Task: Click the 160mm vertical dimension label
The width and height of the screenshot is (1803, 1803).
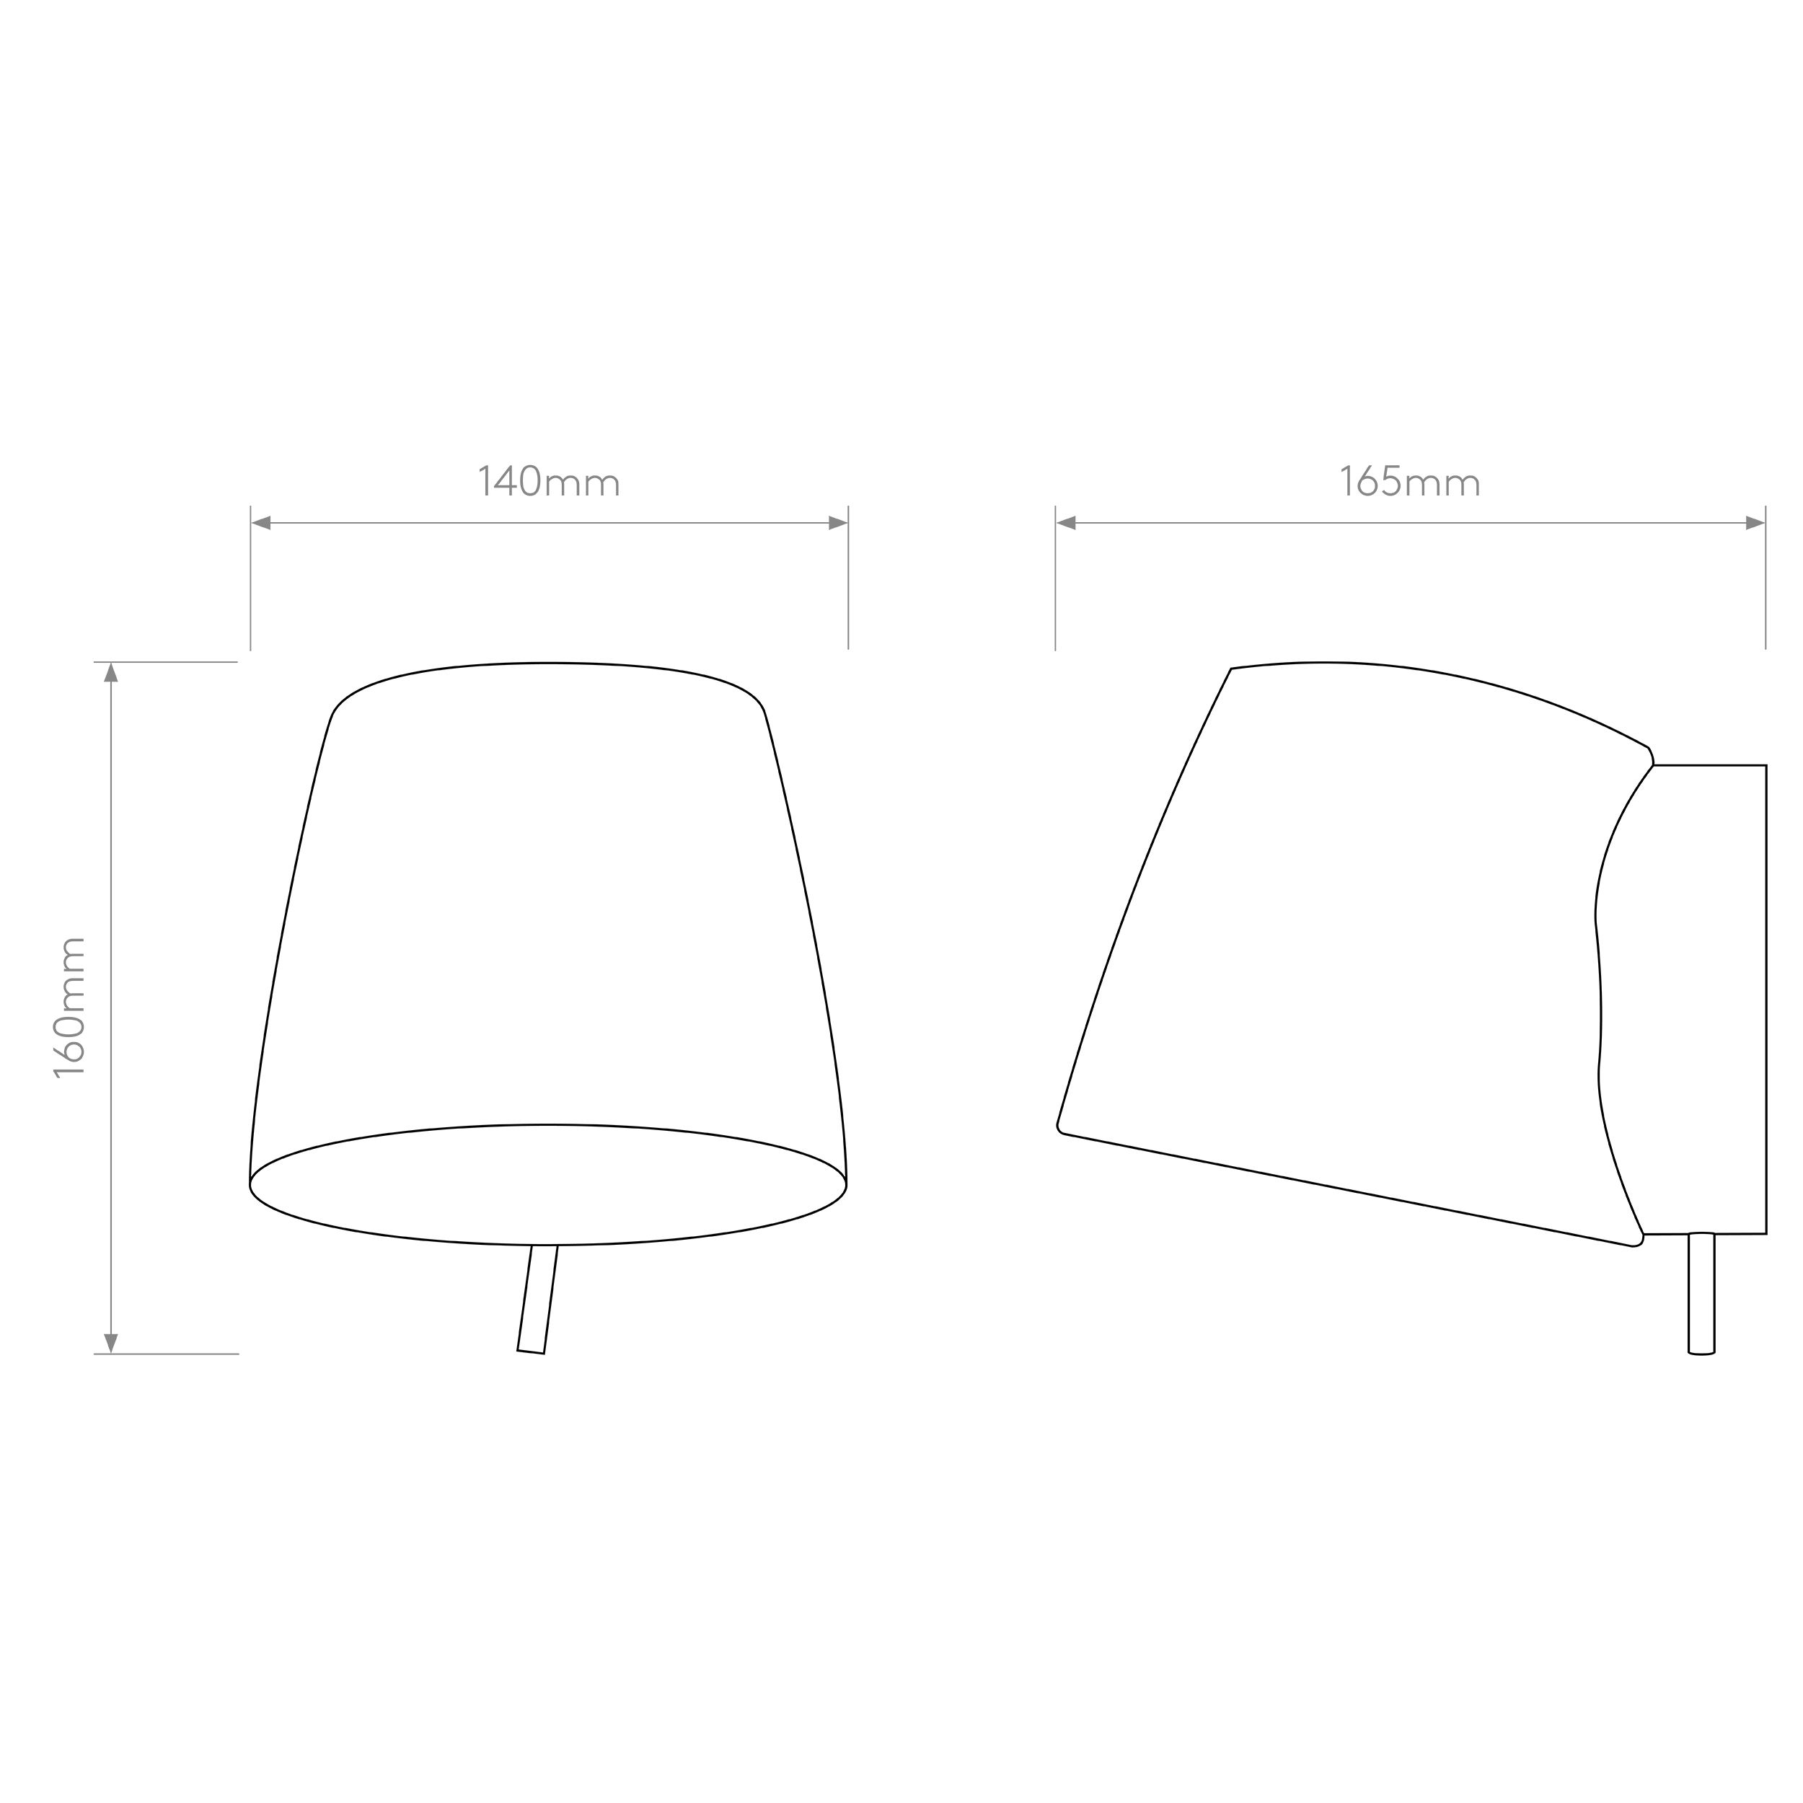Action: pos(70,1008)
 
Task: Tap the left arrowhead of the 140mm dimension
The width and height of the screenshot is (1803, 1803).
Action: pos(261,523)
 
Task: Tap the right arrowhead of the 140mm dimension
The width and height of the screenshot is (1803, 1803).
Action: pos(837,523)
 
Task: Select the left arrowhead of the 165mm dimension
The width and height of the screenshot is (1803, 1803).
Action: pos(1066,523)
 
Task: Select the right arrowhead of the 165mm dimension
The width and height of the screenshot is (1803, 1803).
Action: pos(1755,523)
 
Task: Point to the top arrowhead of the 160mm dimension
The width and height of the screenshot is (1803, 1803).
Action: pos(111,672)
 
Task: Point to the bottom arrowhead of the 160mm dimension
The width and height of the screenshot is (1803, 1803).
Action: pos(111,1343)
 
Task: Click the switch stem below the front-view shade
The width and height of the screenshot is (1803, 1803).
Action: pos(537,1298)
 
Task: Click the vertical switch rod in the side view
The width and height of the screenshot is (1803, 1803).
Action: pos(1701,1293)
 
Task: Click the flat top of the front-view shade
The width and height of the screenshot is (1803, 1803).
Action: pos(548,664)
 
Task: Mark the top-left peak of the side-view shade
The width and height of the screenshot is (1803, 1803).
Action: pos(1231,669)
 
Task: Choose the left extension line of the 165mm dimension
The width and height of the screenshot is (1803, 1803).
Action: pos(1056,578)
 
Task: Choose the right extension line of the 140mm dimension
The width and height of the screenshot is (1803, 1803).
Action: pos(848,578)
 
